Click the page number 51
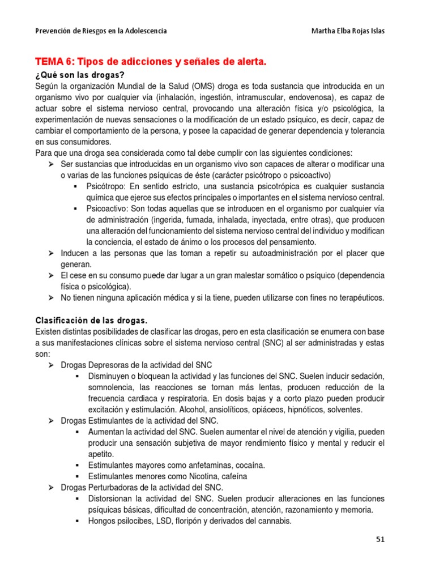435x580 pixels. coord(380,540)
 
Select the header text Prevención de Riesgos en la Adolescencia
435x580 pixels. coord(101,31)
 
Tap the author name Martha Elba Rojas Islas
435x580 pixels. coord(340,31)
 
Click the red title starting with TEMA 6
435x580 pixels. coord(151,61)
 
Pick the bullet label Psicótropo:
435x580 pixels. coord(108,186)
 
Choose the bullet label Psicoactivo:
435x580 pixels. coord(109,208)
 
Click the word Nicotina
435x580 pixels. coord(198,476)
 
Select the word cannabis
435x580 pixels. coord(274,521)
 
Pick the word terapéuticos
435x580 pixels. coord(357,297)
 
